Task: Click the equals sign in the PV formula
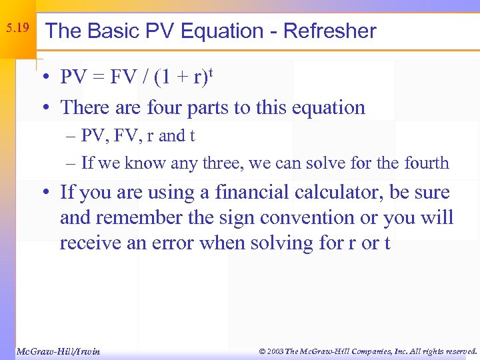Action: click(x=101, y=79)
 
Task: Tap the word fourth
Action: click(x=428, y=163)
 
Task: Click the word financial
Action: click(x=251, y=193)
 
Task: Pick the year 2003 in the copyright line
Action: click(x=273, y=351)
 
